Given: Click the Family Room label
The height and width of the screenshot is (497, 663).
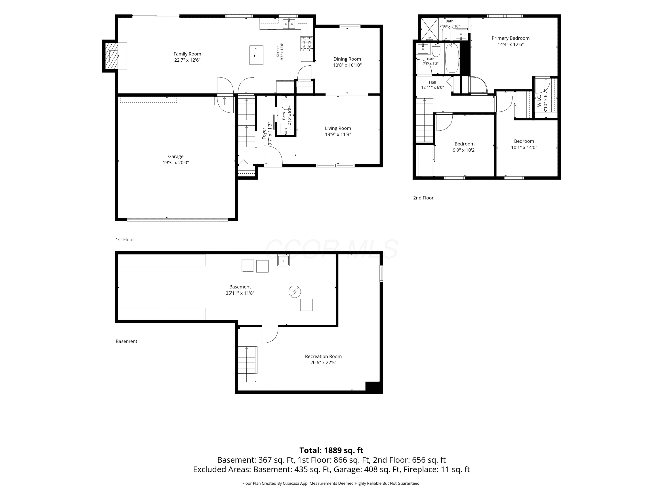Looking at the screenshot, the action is pyautogui.click(x=187, y=54).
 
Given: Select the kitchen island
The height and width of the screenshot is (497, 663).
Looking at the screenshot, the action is pyautogui.click(x=256, y=55).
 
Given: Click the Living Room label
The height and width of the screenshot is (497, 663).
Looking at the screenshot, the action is pyautogui.click(x=338, y=128).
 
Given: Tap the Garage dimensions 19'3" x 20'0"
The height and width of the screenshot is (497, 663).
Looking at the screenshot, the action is pyautogui.click(x=176, y=163).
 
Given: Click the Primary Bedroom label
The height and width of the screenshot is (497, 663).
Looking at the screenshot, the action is pyautogui.click(x=511, y=38).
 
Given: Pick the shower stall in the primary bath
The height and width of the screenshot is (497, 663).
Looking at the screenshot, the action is pyautogui.click(x=429, y=29).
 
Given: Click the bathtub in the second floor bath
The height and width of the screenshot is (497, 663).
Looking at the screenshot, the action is pyautogui.click(x=452, y=58).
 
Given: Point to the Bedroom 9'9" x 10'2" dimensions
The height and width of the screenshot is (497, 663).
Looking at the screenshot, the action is pyautogui.click(x=464, y=150).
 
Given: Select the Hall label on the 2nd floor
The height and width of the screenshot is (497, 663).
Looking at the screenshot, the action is pyautogui.click(x=432, y=82).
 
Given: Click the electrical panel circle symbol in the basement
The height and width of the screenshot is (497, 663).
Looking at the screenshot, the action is pyautogui.click(x=295, y=292).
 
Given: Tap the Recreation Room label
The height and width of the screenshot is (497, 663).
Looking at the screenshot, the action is pyautogui.click(x=323, y=356).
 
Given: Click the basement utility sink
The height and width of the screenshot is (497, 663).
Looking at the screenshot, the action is pyautogui.click(x=283, y=260).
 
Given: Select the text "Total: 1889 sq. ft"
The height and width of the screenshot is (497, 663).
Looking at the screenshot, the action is pyautogui.click(x=331, y=450).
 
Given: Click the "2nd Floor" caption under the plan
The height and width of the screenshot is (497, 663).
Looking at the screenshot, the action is pyautogui.click(x=423, y=198).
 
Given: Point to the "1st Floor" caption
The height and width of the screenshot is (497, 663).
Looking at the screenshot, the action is pyautogui.click(x=125, y=240).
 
